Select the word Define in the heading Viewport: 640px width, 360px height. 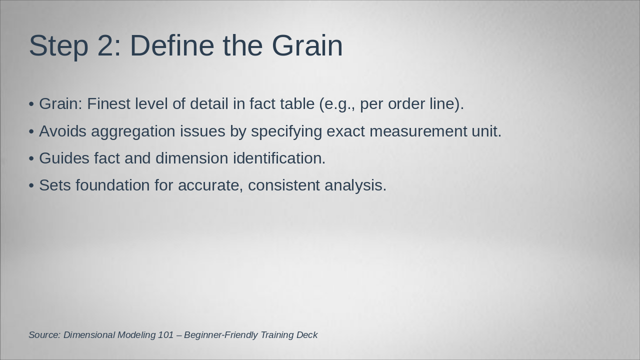click(x=172, y=45)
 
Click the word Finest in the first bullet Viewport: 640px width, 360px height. click(x=108, y=103)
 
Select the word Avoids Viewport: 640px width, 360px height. click(x=62, y=131)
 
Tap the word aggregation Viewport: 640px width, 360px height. click(x=133, y=132)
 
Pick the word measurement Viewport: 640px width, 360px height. click(x=418, y=131)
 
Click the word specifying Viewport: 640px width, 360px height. click(x=286, y=132)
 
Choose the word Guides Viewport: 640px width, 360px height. click(x=64, y=158)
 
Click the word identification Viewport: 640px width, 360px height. click(x=279, y=158)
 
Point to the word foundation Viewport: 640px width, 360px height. click(x=112, y=185)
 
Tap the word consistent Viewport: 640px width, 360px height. click(x=283, y=185)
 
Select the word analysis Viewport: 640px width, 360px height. click(x=355, y=185)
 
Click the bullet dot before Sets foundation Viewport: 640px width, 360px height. click(x=31, y=185)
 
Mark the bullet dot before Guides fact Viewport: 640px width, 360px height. click(x=31, y=158)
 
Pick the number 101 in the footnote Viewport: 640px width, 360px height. click(x=165, y=335)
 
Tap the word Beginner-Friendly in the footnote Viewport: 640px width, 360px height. click(x=221, y=335)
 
